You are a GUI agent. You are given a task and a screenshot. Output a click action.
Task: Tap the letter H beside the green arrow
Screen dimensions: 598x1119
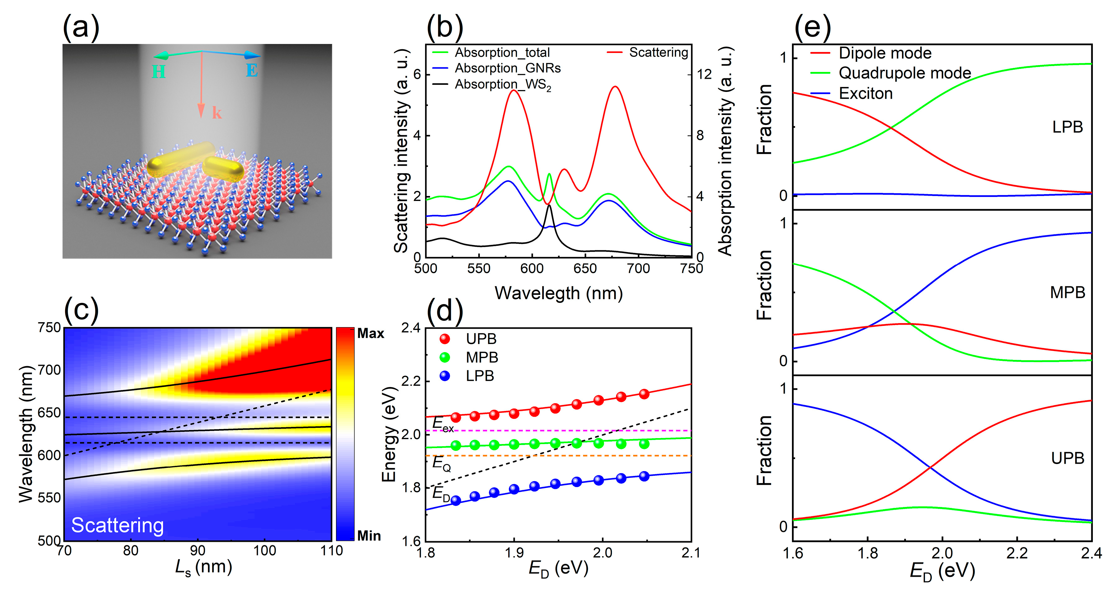[159, 72]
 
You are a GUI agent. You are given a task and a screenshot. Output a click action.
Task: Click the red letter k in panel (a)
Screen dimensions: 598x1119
[216, 113]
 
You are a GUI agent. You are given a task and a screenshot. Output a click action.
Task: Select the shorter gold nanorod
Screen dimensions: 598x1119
[223, 169]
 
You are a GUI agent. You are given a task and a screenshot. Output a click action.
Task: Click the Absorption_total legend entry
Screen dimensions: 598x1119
[502, 53]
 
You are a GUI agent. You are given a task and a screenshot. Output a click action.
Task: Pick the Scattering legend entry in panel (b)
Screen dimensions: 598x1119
[658, 53]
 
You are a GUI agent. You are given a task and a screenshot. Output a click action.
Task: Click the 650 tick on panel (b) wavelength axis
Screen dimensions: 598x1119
[585, 269]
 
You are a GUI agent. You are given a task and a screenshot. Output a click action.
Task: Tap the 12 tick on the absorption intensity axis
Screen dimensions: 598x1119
[704, 74]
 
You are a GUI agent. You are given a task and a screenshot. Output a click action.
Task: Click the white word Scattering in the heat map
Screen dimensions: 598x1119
[117, 525]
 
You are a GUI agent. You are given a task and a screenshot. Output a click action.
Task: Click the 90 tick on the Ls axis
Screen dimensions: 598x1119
[198, 551]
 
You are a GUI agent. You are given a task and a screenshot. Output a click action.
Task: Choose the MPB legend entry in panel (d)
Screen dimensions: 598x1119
[481, 357]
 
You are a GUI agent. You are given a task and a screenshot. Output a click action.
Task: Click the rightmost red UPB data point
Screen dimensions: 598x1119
[644, 394]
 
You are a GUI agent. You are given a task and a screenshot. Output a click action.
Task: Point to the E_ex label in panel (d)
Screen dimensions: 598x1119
[443, 424]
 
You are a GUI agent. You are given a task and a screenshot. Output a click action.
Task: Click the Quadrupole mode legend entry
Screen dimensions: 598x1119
[904, 73]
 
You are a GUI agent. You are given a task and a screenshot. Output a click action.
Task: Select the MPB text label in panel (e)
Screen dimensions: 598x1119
[1067, 293]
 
